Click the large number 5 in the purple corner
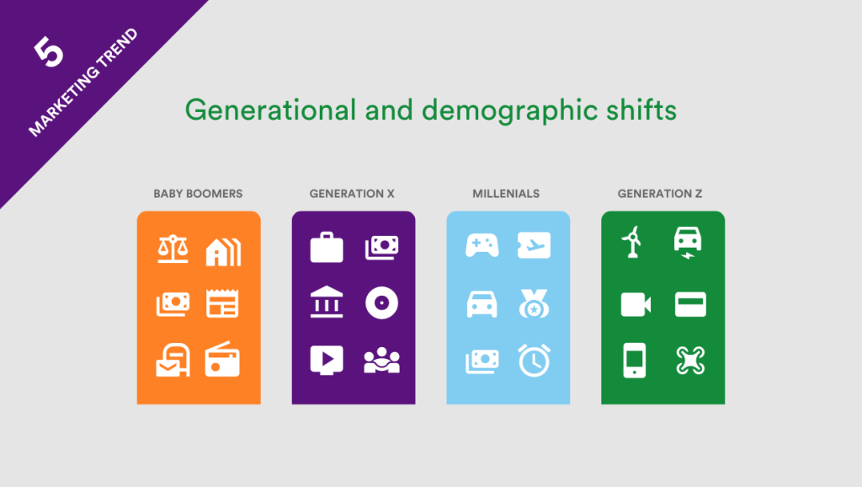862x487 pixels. click(x=49, y=53)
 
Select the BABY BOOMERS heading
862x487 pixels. click(x=198, y=194)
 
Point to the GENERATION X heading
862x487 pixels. click(x=352, y=194)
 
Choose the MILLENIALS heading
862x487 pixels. click(x=506, y=194)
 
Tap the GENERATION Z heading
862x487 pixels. click(x=661, y=194)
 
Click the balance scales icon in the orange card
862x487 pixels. click(x=173, y=249)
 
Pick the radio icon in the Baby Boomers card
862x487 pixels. click(x=223, y=360)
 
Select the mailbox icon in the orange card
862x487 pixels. click(x=173, y=360)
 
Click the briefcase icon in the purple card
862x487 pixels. click(x=327, y=248)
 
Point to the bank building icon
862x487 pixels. click(x=327, y=303)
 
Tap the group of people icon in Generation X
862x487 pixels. click(x=381, y=360)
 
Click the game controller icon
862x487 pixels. click(x=482, y=245)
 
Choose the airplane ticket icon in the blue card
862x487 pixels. click(x=534, y=245)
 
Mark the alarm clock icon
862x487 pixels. click(x=534, y=360)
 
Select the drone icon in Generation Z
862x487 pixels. click(x=690, y=360)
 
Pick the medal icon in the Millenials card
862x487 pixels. click(x=534, y=303)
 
